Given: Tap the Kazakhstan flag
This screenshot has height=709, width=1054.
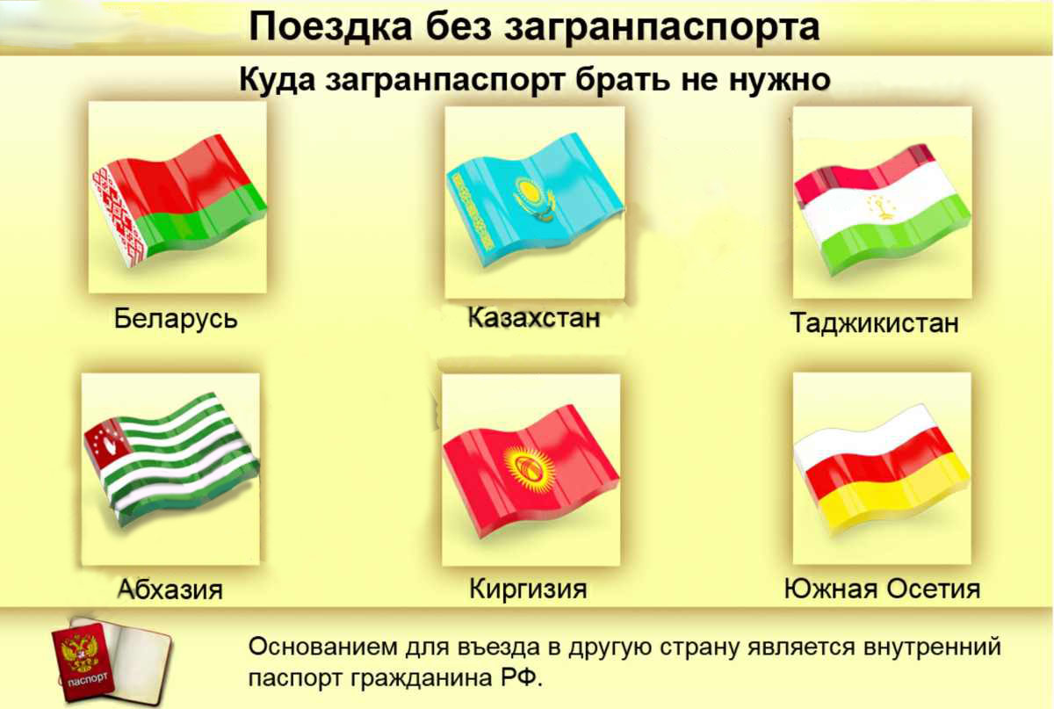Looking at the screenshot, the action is click(x=535, y=200).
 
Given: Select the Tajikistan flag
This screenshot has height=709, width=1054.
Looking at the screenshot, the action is click(x=882, y=209).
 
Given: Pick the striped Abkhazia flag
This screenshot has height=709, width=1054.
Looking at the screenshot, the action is click(x=171, y=459).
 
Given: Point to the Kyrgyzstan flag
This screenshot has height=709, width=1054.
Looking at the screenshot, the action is click(x=531, y=471).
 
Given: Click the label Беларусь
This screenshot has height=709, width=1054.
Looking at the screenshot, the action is click(x=176, y=318).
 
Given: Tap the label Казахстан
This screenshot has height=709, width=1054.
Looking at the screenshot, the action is click(x=534, y=318).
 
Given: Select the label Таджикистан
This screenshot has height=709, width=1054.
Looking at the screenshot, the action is click(x=875, y=323).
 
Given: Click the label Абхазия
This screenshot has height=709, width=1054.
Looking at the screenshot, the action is click(x=170, y=589).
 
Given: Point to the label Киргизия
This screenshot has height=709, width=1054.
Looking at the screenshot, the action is click(x=529, y=589).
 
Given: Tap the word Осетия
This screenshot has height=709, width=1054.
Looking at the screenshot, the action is click(x=934, y=589).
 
